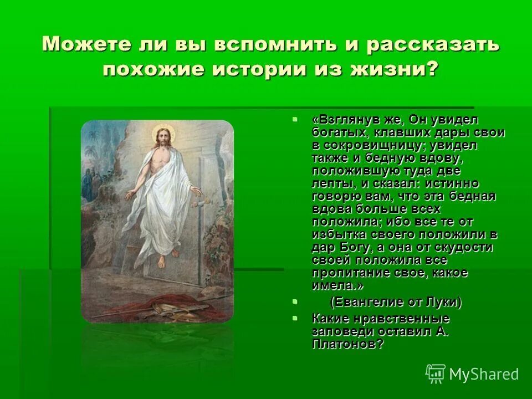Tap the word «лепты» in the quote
tap(332, 183)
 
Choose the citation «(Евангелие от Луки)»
tap(396, 303)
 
